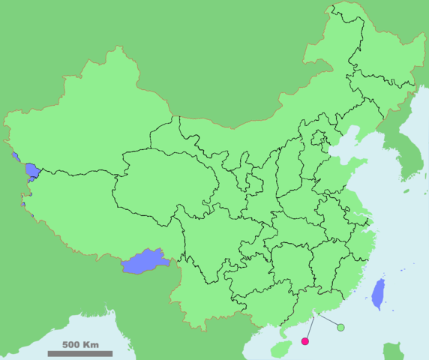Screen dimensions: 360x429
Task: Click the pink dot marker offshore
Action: coord(304,341)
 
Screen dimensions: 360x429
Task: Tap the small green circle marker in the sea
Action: coord(340,327)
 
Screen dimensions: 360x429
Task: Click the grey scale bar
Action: coord(80,353)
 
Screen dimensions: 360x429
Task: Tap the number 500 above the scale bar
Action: coord(71,345)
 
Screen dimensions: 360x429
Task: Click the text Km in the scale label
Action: coord(91,345)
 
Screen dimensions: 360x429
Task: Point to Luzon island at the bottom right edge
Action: coord(393,351)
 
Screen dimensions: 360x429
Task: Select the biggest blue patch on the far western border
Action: coord(31,171)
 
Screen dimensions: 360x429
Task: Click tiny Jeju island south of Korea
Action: coord(406,191)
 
